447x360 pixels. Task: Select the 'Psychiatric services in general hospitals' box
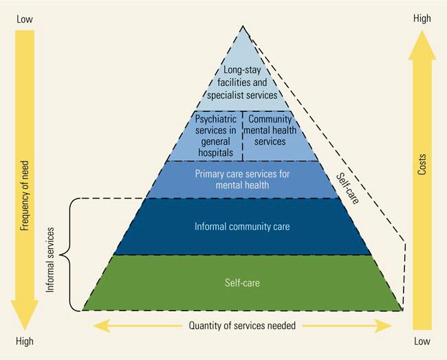215,135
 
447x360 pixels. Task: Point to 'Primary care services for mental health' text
242,179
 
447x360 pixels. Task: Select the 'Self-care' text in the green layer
241,282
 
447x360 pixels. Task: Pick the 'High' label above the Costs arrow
422,19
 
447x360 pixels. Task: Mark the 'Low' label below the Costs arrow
422,341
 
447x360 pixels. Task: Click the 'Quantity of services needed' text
242,326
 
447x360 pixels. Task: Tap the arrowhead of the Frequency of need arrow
25,316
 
